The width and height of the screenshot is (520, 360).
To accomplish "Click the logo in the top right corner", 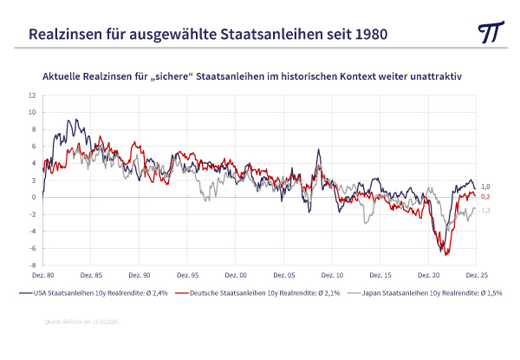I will coord(491,33).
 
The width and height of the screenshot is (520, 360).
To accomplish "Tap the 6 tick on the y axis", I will coord(33,146).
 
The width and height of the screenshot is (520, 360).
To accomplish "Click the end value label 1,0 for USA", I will coord(485,187).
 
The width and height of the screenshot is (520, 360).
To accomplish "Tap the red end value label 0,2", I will coord(485,197).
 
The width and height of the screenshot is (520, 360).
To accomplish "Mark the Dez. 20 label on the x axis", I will coord(428,274).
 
